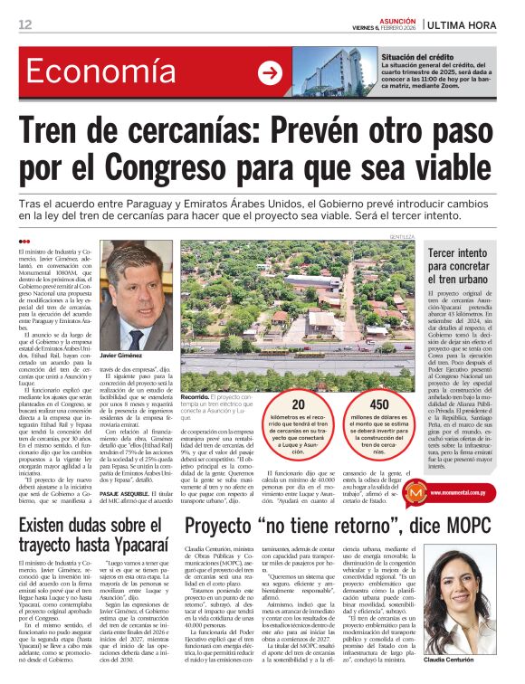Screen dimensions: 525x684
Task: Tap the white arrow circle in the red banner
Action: pyautogui.click(x=270, y=73)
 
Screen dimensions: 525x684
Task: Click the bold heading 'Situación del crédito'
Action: pyautogui.click(x=417, y=56)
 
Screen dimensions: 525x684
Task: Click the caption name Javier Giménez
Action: pyautogui.click(x=127, y=357)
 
